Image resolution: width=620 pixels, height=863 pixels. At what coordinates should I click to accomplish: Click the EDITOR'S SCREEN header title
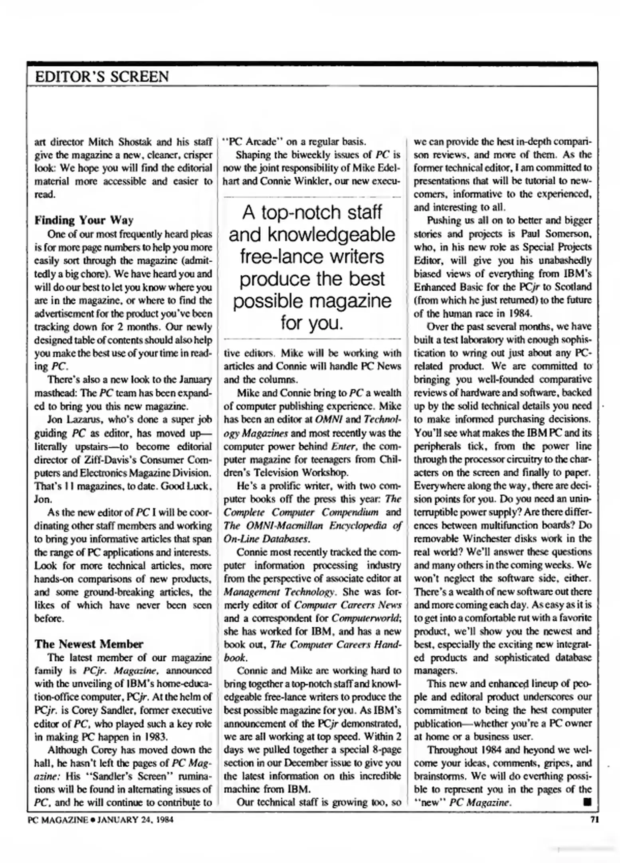[x=102, y=76]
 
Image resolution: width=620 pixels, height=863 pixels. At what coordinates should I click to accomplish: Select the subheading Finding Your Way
[x=84, y=220]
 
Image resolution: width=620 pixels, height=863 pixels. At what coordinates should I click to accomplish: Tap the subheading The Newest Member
[x=89, y=644]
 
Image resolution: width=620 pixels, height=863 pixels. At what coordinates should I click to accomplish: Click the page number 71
[x=594, y=819]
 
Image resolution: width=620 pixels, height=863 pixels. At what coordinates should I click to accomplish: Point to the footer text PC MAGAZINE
[x=57, y=820]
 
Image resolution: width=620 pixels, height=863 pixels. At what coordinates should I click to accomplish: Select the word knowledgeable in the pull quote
[x=312, y=235]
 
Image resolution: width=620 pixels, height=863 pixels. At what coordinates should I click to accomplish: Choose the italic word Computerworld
[x=365, y=618]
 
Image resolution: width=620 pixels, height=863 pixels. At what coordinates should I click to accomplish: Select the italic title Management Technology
[x=279, y=592]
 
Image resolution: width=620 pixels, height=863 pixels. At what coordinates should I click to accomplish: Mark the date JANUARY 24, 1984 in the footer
[x=135, y=820]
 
